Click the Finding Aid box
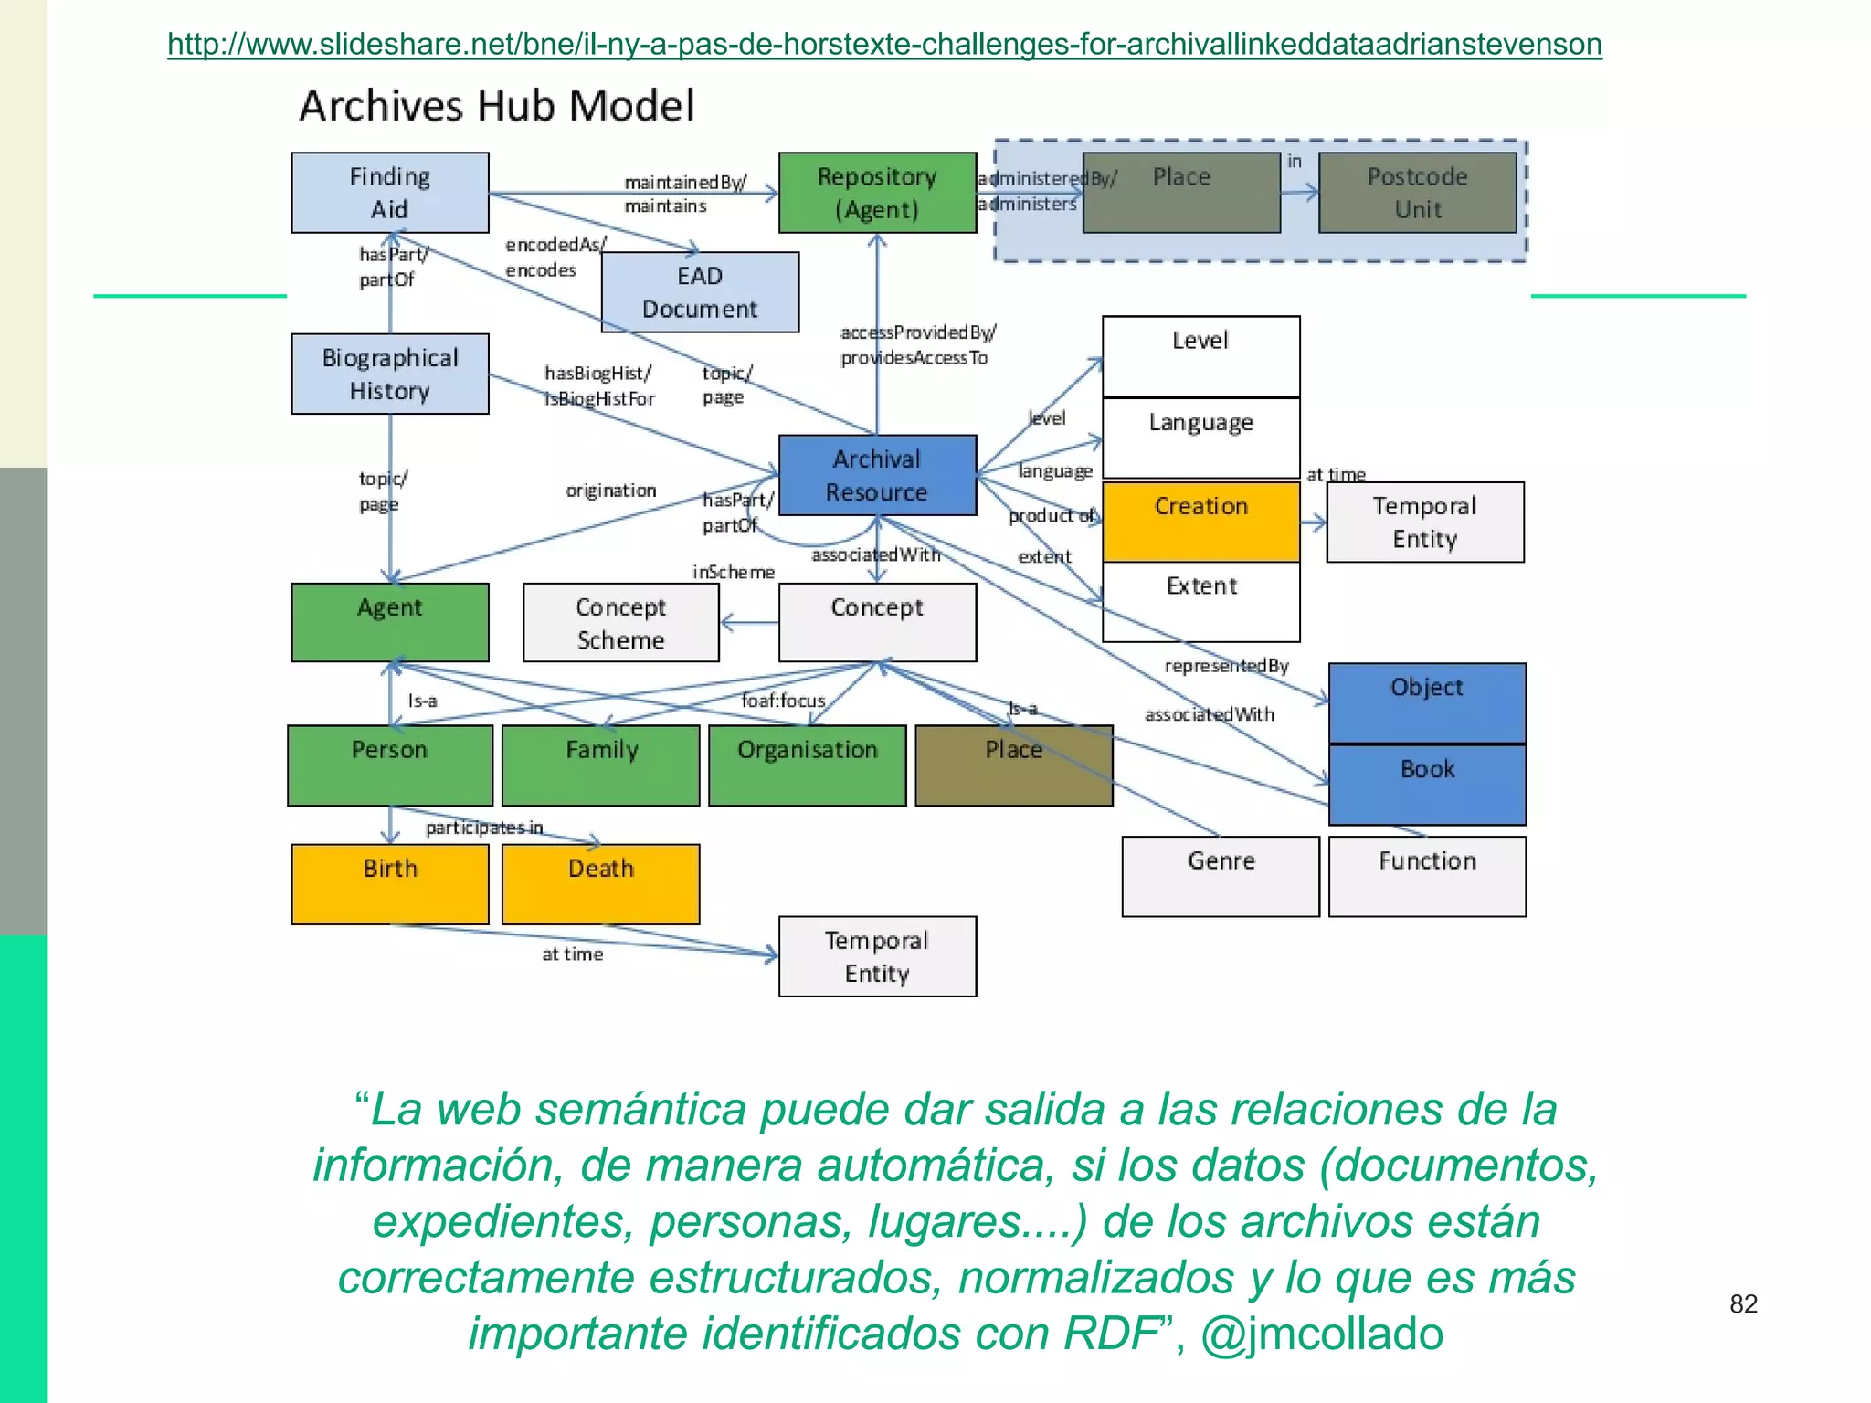[390, 193]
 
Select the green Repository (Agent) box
[877, 193]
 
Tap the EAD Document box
[700, 292]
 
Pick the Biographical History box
[390, 374]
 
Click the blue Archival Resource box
[877, 475]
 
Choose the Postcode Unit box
[1417, 193]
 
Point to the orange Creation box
[1200, 521]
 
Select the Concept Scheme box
[621, 623]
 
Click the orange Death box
[600, 883]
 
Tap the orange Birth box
[390, 883]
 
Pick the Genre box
[1221, 876]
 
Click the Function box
[1427, 876]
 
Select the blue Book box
[1427, 785]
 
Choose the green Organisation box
[808, 765]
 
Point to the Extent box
[1200, 601]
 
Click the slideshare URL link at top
[884, 44]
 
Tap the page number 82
[1743, 1303]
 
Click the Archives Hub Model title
[497, 106]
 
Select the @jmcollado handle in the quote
[1321, 1334]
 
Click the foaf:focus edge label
[783, 701]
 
